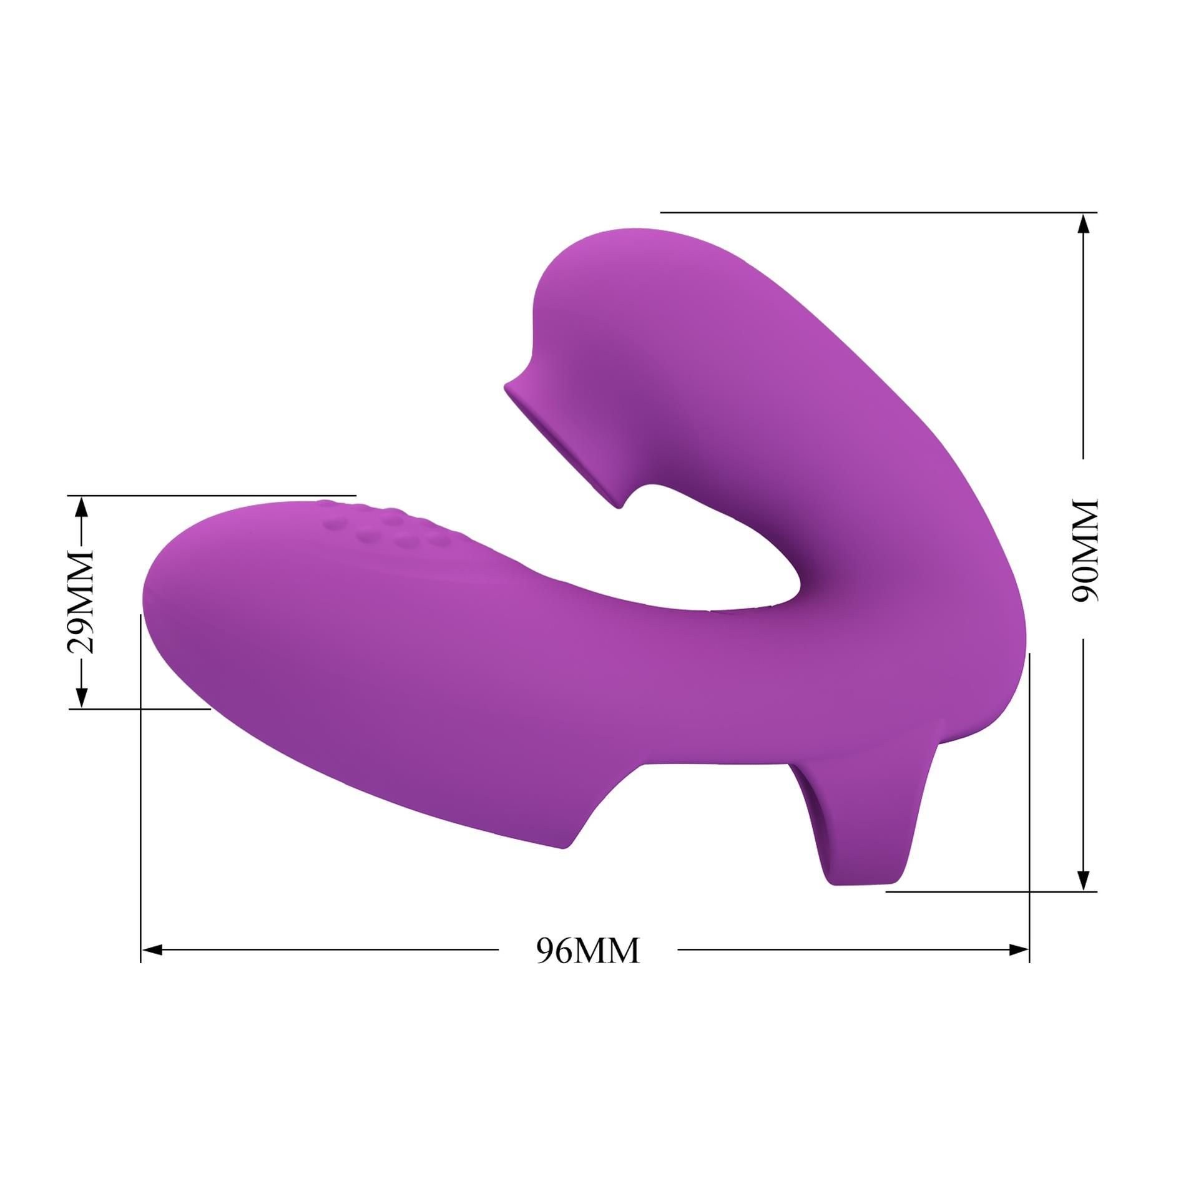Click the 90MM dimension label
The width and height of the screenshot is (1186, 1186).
[1084, 550]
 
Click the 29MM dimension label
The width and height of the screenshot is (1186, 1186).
[81, 602]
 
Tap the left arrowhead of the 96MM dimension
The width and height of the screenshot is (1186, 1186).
[152, 950]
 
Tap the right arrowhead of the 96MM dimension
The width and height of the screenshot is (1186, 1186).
[1019, 950]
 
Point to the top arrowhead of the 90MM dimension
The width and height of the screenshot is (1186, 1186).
[1084, 223]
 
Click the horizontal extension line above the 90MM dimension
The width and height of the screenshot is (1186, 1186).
[874, 213]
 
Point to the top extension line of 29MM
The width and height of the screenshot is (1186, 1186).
[212, 496]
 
